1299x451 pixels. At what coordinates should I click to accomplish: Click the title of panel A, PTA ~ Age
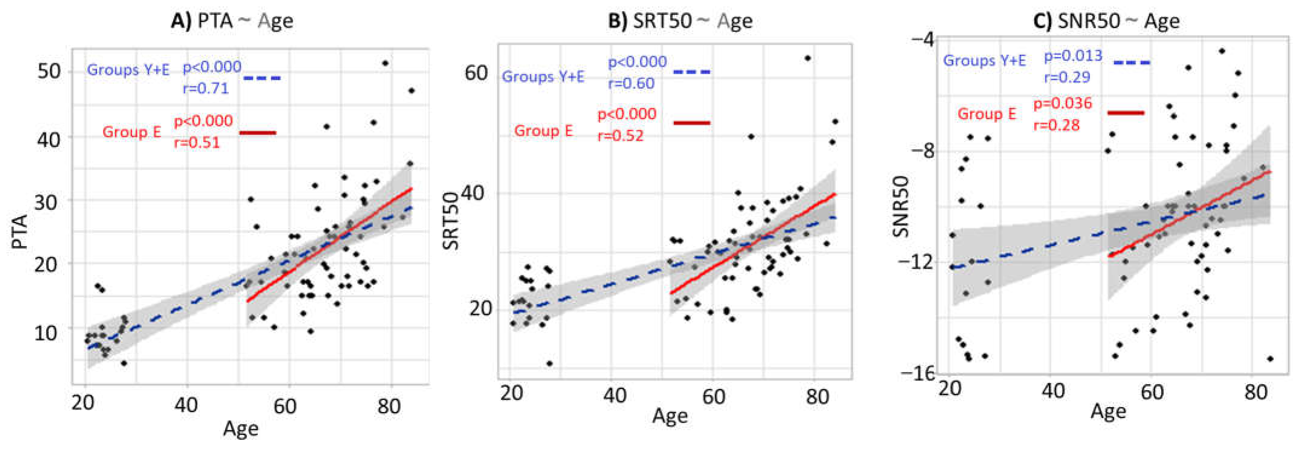click(232, 21)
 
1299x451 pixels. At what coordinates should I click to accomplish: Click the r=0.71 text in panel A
click(205, 89)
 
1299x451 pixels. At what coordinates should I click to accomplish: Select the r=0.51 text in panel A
click(197, 143)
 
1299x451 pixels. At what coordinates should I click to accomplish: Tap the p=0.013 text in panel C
click(1073, 56)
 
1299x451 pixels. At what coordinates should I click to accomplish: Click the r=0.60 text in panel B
click(631, 84)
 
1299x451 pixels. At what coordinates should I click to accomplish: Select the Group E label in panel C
click(986, 114)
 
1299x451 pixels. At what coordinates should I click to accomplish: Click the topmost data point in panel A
click(385, 63)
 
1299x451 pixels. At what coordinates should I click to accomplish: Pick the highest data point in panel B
click(807, 58)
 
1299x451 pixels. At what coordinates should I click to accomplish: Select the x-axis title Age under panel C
click(1108, 412)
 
